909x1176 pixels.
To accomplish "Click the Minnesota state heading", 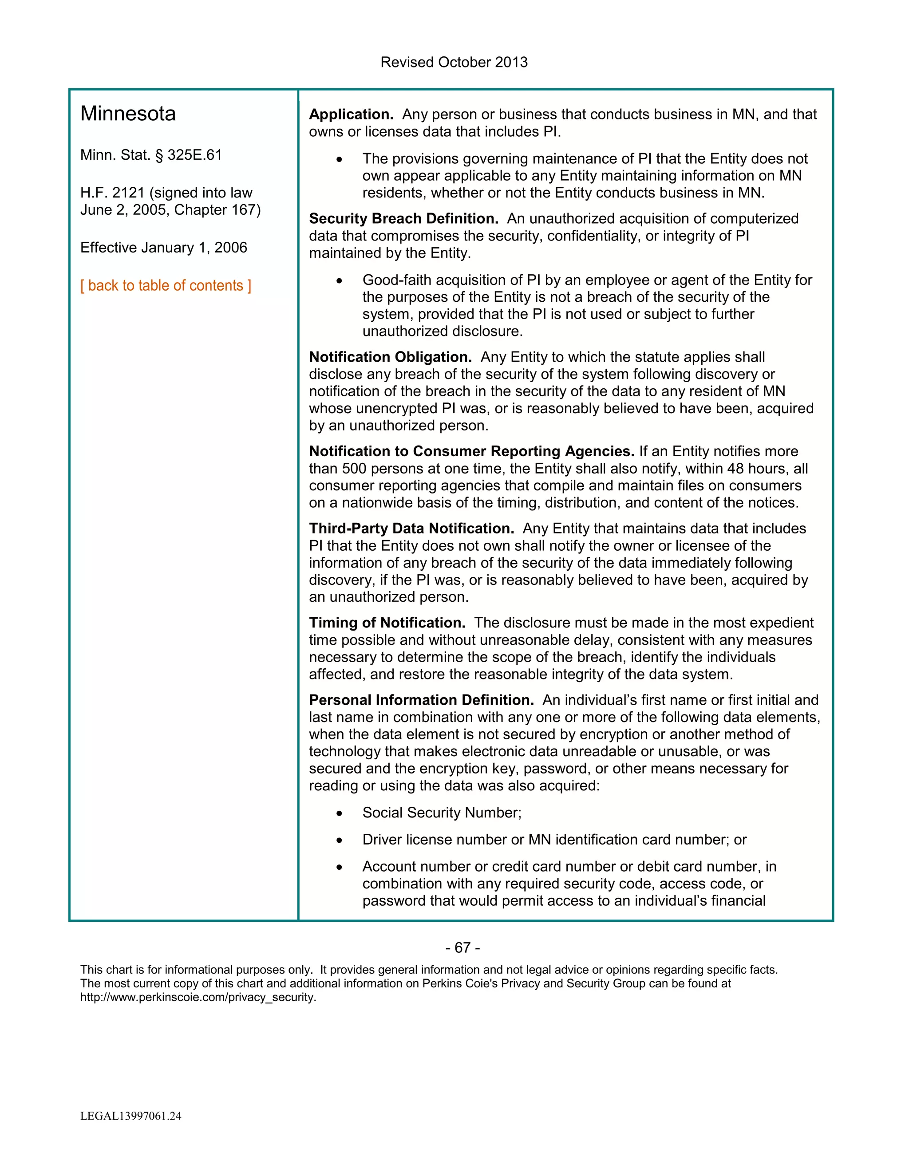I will (128, 114).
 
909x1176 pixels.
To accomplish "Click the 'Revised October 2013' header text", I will (454, 62).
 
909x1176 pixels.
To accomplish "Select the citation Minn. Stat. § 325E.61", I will (151, 155).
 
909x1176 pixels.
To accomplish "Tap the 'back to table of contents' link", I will (166, 285).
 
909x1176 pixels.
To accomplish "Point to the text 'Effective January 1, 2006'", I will (164, 248).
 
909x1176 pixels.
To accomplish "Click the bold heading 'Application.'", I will (351, 114).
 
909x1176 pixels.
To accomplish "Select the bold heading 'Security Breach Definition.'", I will (403, 219).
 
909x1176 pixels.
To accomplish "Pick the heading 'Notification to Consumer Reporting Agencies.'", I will (472, 451).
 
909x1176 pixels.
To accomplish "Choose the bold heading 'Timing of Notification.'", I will (387, 623).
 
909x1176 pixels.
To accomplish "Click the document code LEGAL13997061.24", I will (131, 1116).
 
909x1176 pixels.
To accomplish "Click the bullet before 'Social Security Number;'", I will (339, 813).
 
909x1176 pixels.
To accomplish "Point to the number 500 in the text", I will (354, 469).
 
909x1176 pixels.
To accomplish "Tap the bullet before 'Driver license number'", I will (339, 841).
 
